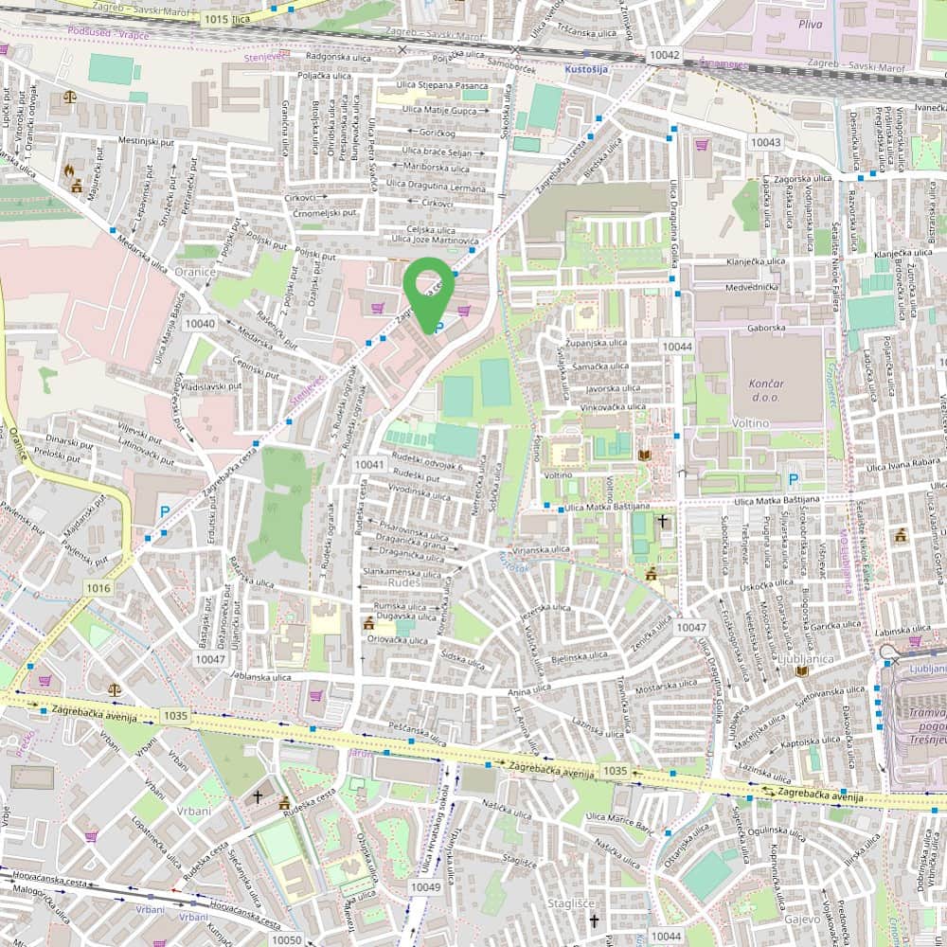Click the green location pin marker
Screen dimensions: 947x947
coord(427,289)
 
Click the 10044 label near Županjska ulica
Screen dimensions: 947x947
coord(678,347)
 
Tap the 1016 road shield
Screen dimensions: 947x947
coord(98,588)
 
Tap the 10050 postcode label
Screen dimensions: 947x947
coord(286,938)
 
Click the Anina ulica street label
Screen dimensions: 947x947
coord(528,692)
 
